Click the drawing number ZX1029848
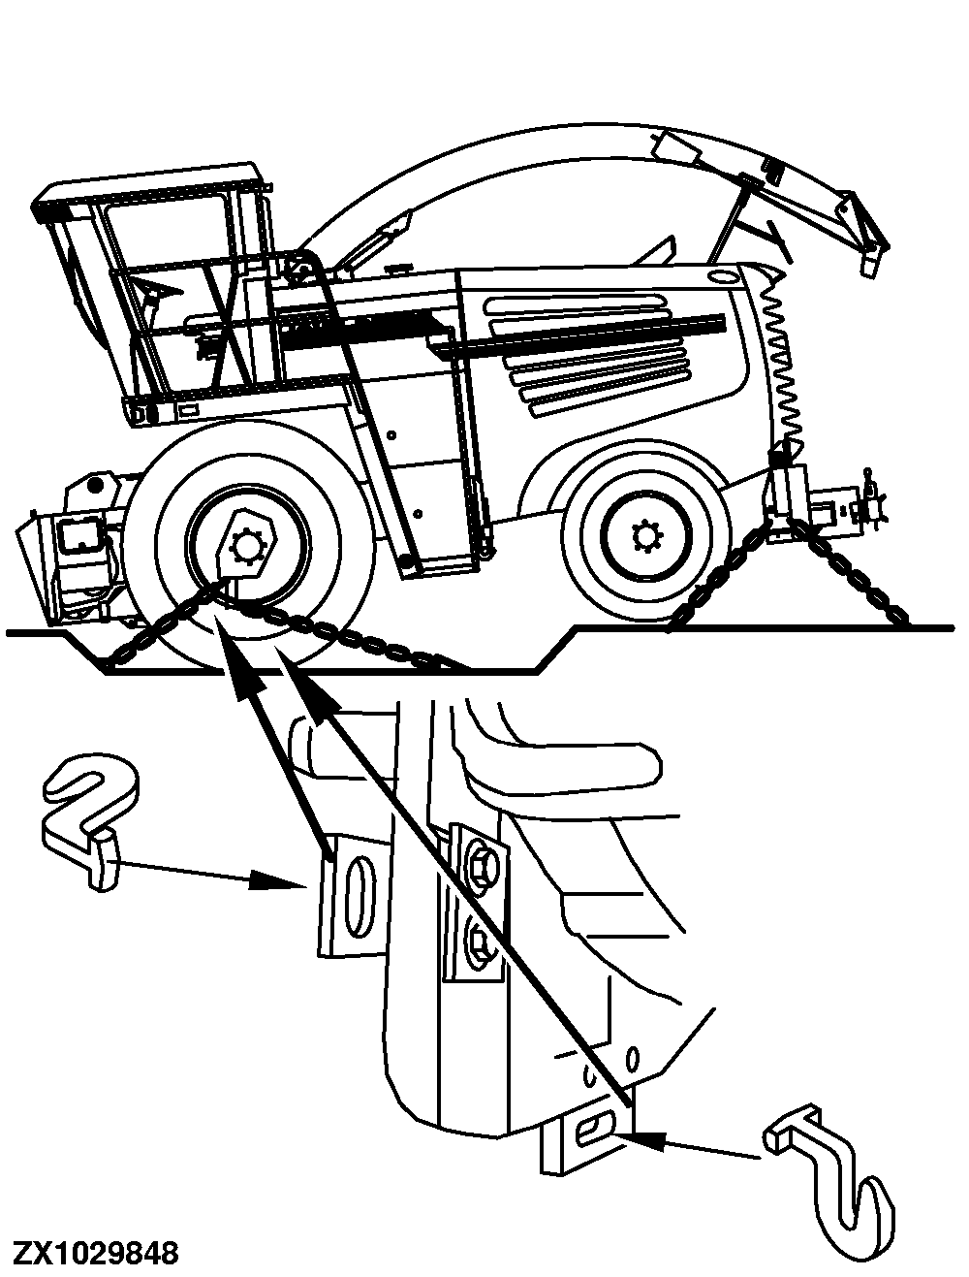pyautogui.click(x=95, y=1252)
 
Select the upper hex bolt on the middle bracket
pyautogui.click(x=478, y=861)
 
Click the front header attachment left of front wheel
pyautogui.click(x=73, y=562)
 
